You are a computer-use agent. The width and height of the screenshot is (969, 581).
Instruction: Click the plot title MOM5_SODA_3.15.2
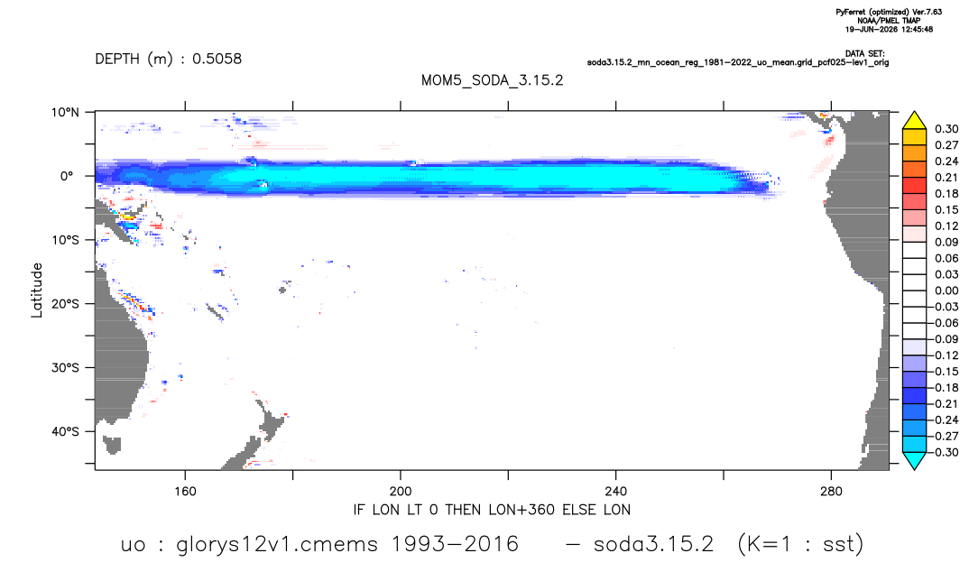click(x=492, y=81)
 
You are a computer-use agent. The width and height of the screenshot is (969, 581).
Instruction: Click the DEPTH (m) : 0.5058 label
click(x=168, y=60)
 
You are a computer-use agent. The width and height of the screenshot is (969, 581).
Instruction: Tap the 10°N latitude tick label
click(x=65, y=113)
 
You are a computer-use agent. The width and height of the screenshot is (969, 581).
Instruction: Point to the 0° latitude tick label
click(x=66, y=176)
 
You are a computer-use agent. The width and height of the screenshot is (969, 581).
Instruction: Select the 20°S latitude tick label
click(x=65, y=304)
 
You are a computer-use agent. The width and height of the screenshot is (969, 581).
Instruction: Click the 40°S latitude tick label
click(x=65, y=431)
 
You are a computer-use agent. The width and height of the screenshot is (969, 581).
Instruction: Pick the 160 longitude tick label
click(x=185, y=492)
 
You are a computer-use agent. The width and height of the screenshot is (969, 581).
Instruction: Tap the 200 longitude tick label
click(x=401, y=492)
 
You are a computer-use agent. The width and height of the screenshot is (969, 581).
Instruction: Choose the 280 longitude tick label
click(x=831, y=492)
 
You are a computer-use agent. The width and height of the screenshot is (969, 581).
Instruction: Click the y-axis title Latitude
click(x=37, y=290)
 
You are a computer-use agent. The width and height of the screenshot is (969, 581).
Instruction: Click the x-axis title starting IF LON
click(x=492, y=510)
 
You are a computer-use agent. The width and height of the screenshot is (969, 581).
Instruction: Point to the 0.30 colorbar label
click(x=946, y=129)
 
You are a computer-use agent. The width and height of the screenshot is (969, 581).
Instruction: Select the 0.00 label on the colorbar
click(x=946, y=290)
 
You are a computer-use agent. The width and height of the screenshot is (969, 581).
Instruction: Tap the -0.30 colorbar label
click(x=945, y=452)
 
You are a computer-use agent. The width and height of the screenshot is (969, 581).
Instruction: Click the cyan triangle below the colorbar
click(x=914, y=459)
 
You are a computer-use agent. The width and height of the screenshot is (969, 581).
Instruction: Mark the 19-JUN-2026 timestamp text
click(x=889, y=29)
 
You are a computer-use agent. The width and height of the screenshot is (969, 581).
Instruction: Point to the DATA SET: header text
click(x=864, y=54)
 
